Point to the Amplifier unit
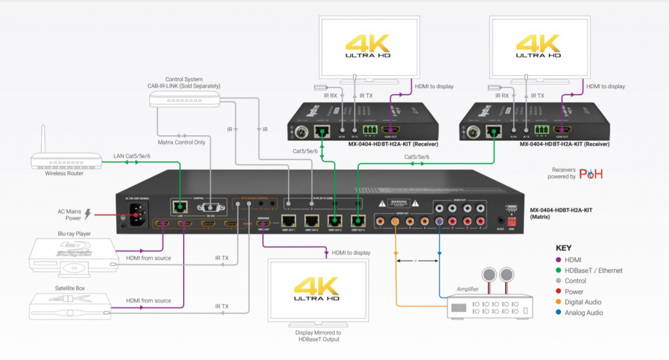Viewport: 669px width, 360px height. click(490, 304)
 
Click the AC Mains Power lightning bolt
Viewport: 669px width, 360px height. click(88, 214)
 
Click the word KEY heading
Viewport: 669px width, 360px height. click(563, 248)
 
